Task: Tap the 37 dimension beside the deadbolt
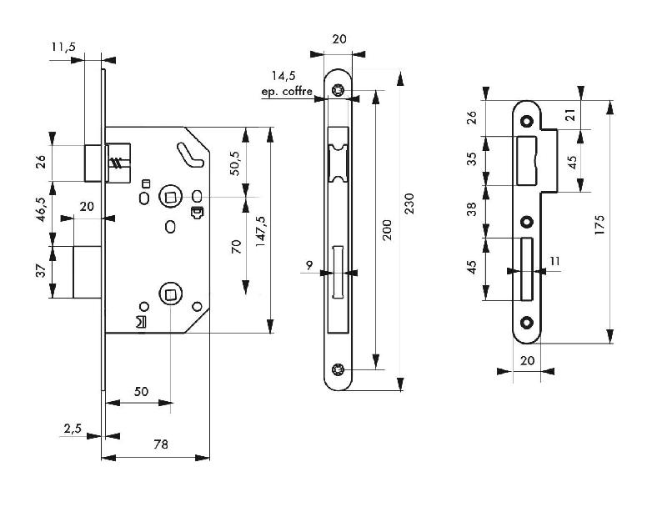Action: (39, 272)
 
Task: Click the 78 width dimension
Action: (161, 445)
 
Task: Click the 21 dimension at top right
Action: (570, 114)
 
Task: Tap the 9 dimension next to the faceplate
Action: (309, 266)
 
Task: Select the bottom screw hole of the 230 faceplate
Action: (338, 369)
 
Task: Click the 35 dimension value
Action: (471, 159)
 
